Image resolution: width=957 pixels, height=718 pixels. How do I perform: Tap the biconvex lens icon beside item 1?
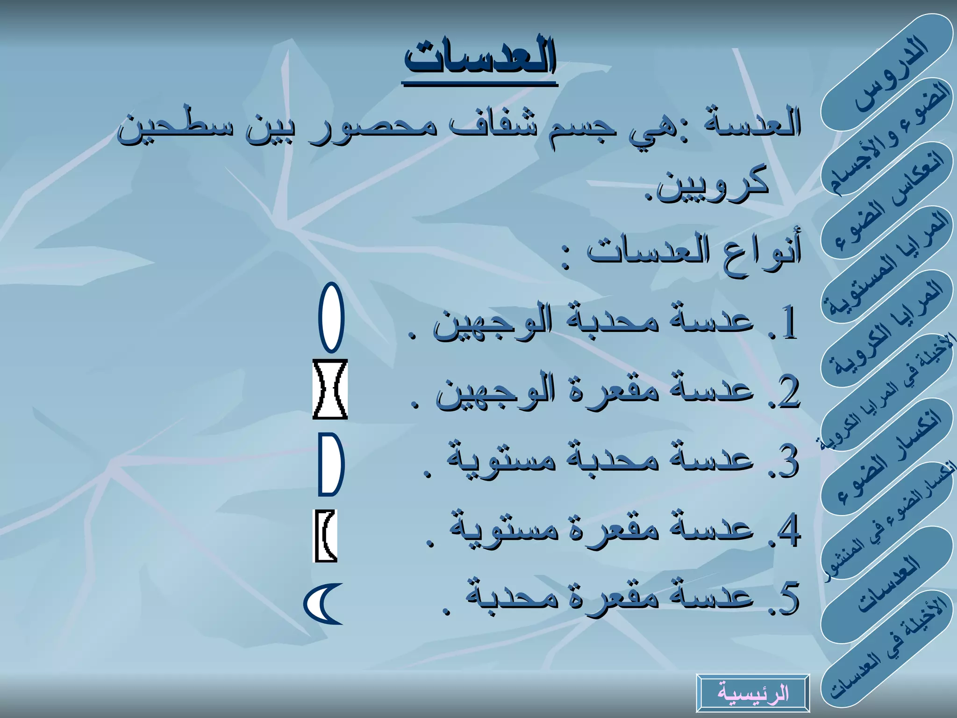331,317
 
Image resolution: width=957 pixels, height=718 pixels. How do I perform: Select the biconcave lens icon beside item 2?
330,389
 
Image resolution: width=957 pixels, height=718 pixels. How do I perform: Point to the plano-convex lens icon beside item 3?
331,464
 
